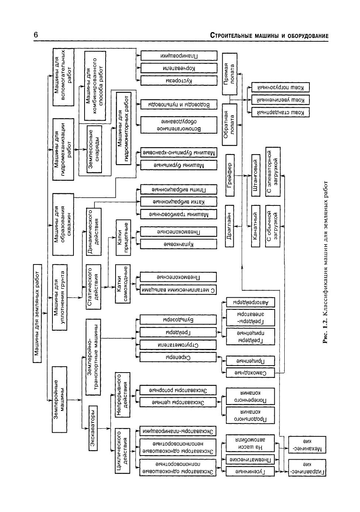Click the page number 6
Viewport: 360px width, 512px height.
[36, 35]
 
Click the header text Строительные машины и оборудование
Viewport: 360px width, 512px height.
[269, 36]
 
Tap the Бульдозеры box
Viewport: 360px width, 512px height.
[178, 319]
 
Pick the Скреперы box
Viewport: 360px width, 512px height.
[178, 357]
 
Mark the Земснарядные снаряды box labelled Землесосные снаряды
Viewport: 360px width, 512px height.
[95, 149]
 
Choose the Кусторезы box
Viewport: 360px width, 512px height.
[178, 80]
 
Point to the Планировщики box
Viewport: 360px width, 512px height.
[178, 56]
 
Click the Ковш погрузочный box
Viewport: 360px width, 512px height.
[280, 87]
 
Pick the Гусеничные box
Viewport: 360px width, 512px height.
[250, 471]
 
